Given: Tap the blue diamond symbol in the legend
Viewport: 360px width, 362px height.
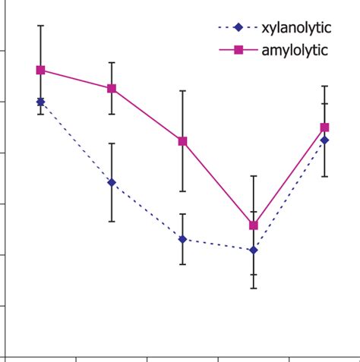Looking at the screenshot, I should coord(238,28).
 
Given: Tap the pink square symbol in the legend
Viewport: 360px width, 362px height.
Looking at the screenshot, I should coord(238,50).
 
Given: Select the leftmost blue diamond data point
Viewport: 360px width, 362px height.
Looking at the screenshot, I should coord(40,101).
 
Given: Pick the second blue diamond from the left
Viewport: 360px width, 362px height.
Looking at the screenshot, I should coord(112,182).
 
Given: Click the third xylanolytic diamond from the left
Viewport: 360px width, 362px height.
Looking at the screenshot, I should coord(182,239).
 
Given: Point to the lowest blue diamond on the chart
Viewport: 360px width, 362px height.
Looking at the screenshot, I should coord(254,250).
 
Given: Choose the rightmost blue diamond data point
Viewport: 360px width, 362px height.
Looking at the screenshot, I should coord(325,140).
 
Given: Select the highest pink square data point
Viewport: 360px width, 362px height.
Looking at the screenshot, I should coord(40,70).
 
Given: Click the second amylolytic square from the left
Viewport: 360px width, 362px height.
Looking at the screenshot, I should coord(112,88).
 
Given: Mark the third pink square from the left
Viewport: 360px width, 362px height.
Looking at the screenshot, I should coord(182,141).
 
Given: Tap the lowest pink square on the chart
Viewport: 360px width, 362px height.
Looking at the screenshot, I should coord(254,225).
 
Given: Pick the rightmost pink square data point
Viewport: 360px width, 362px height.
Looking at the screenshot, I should coord(325,127).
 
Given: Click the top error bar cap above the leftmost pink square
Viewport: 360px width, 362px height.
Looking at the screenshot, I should coord(40,25).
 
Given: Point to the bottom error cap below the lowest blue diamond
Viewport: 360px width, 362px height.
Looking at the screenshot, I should coord(254,288).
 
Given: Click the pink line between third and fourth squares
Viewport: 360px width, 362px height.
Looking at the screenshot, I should coord(218,183).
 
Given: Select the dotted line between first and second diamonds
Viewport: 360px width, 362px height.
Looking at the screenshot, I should coord(76,142).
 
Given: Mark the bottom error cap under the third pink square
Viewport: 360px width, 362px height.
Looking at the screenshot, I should coord(182,191).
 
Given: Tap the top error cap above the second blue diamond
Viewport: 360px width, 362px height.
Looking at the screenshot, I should coord(112,143).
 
